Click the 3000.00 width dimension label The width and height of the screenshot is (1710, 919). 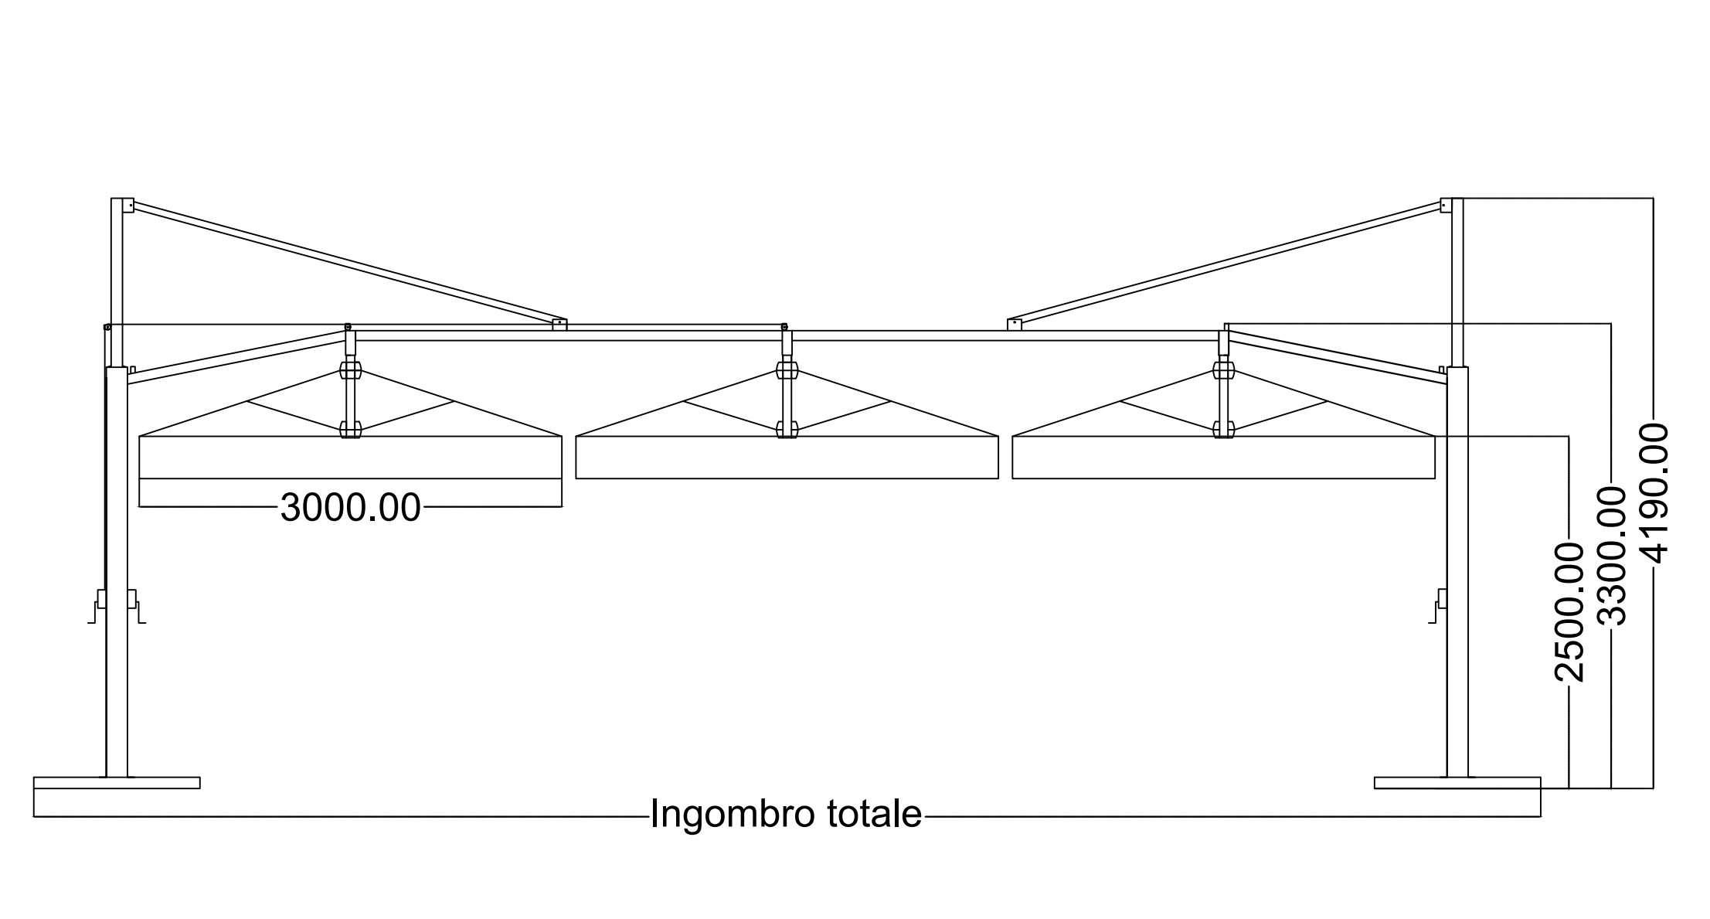point(351,508)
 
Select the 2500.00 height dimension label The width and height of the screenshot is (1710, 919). point(1569,611)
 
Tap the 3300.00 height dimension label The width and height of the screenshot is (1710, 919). point(1611,555)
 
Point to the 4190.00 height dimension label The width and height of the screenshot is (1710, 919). point(1654,492)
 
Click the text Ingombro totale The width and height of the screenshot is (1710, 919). point(786,814)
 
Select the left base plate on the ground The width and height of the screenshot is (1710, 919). point(117,783)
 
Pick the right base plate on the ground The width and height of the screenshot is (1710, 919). point(1457,783)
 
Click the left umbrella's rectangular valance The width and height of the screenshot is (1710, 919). point(351,458)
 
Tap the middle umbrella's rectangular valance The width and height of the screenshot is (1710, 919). point(787,458)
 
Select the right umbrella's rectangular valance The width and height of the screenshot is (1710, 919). point(1223,458)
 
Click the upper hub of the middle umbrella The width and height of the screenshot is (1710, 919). point(787,370)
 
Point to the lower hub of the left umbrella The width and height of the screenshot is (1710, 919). point(351,429)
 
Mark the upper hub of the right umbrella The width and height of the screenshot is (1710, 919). point(1223,370)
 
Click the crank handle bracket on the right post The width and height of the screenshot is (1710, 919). point(1440,605)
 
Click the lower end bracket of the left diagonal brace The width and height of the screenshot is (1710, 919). point(559,325)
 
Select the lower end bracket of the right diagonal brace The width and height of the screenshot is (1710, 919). point(1015,325)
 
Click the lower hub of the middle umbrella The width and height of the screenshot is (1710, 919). point(787,429)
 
